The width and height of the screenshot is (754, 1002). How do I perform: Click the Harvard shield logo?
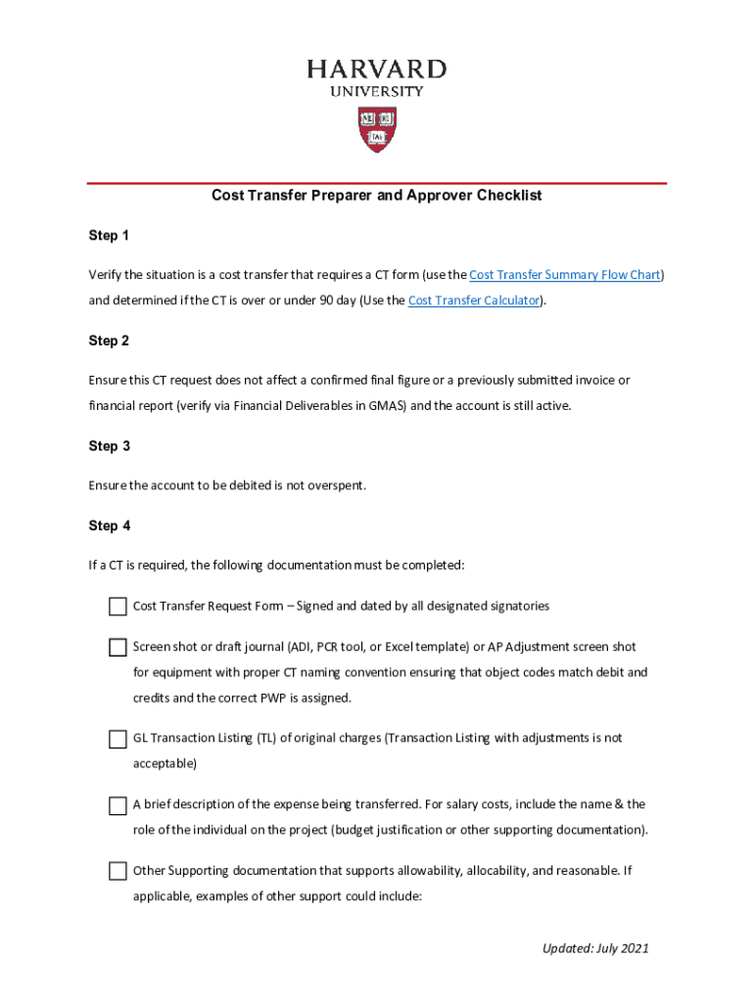[377, 129]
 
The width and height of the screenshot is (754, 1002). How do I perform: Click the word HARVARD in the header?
[377, 69]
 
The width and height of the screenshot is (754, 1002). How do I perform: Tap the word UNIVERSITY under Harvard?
[377, 92]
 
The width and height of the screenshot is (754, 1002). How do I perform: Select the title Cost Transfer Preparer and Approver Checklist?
[377, 196]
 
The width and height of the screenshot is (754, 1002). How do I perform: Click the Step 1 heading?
[109, 236]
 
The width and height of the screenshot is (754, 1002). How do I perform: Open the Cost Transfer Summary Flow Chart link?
[564, 275]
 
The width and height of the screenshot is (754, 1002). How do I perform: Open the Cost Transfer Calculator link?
[474, 300]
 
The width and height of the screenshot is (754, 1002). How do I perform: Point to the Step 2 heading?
[109, 342]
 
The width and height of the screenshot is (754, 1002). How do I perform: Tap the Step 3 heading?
[109, 446]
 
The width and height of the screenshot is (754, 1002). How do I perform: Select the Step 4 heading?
[109, 526]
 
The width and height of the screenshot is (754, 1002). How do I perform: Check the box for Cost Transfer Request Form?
[118, 607]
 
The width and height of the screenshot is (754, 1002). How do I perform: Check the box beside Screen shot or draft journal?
[118, 648]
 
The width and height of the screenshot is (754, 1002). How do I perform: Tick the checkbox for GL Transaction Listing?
[118, 739]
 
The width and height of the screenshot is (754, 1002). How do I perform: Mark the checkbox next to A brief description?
[118, 805]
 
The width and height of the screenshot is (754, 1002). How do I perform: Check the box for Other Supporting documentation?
[118, 871]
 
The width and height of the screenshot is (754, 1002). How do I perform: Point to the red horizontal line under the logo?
[377, 183]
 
